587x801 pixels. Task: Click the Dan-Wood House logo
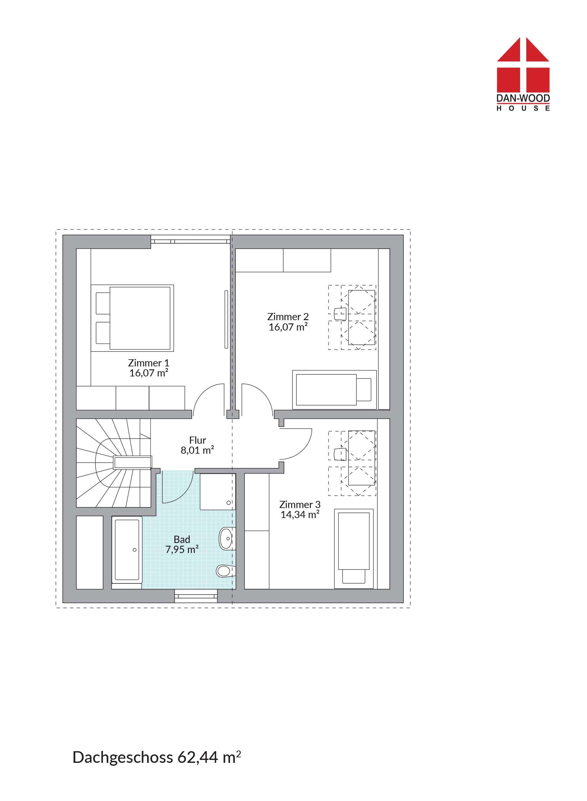523,74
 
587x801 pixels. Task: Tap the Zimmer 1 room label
148,363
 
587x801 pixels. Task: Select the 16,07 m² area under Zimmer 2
288,327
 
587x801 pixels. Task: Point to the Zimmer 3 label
300,504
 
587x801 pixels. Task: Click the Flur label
198,440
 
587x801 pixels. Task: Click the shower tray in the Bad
218,491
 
